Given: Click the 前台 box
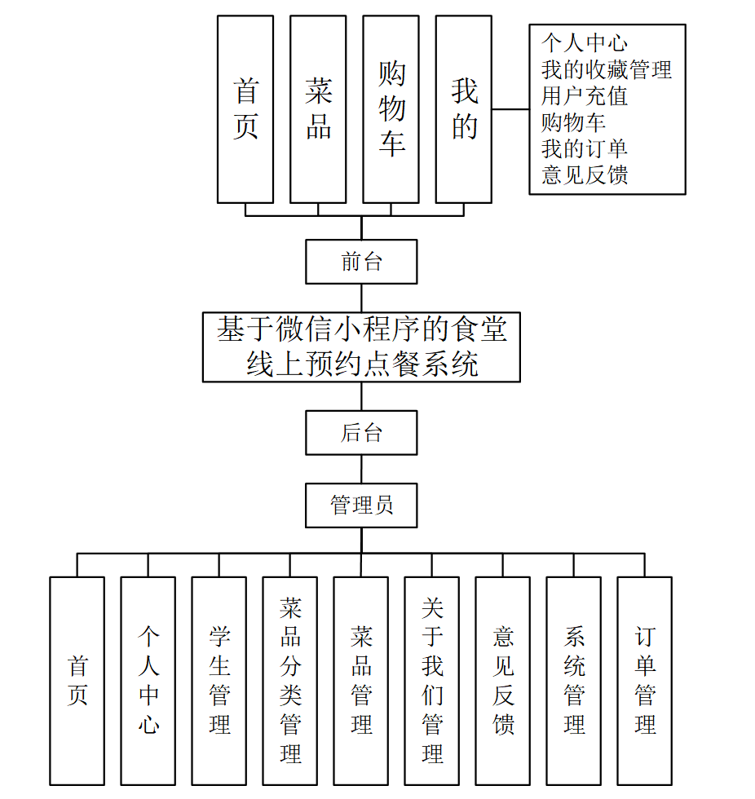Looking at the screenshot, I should pos(361,262).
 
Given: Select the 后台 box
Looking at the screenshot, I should pos(361,433).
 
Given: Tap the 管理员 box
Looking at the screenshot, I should pos(361,505).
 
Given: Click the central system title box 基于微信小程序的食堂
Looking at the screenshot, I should pos(361,347).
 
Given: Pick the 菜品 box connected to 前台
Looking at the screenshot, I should pos(318,109).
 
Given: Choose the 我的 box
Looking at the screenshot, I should pos(464,109).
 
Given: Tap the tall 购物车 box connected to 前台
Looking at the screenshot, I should pos(391,109).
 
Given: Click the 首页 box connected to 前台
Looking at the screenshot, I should pos(245,109).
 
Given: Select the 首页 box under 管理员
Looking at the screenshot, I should pos(77,681).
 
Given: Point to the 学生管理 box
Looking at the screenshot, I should pos(219,681).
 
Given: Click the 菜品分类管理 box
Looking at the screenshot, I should pos(290,681).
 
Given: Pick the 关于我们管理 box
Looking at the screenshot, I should pos(432,681).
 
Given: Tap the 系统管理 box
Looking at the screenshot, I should pos(574,681).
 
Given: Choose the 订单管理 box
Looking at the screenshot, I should pos(645,681).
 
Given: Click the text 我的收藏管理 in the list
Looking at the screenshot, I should pos(607,70).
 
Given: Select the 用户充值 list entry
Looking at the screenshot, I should pos(585,96).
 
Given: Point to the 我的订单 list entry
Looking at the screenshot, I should pos(585,148).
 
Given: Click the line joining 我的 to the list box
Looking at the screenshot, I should pos(510,109).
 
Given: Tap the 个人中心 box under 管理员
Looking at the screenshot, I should pos(148,681).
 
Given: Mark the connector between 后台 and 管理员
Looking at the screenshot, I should pos(361,470).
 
